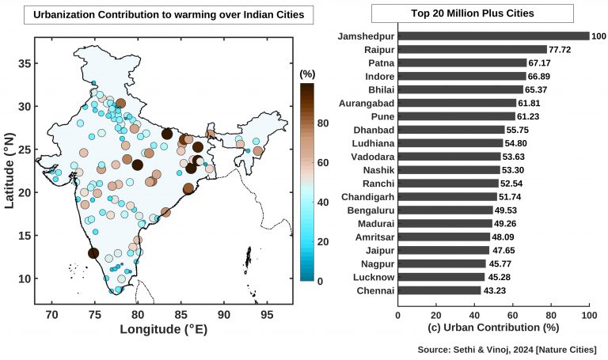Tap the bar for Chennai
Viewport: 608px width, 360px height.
point(439,290)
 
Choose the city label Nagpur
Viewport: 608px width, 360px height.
point(376,263)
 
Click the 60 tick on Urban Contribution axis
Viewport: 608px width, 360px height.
point(513,314)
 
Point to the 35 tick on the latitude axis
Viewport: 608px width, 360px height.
point(25,63)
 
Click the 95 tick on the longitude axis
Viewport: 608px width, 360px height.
point(268,315)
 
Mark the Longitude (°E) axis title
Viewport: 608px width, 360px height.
point(163,329)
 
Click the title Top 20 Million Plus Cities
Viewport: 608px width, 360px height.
point(473,13)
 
